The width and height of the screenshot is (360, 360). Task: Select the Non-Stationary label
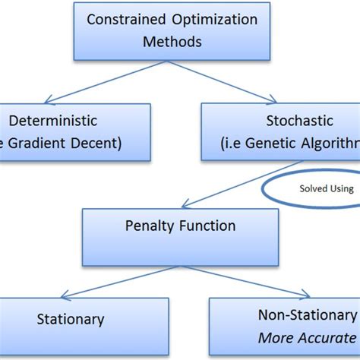(x=306, y=314)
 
